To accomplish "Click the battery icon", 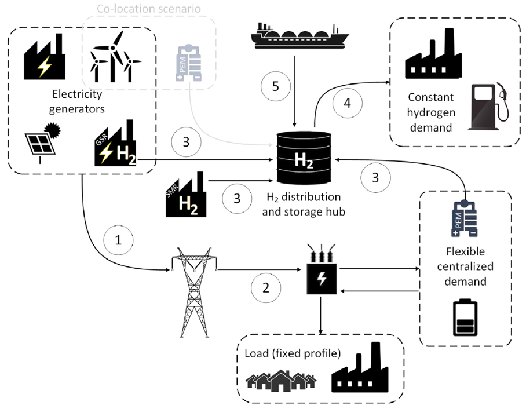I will click(x=465, y=317).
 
